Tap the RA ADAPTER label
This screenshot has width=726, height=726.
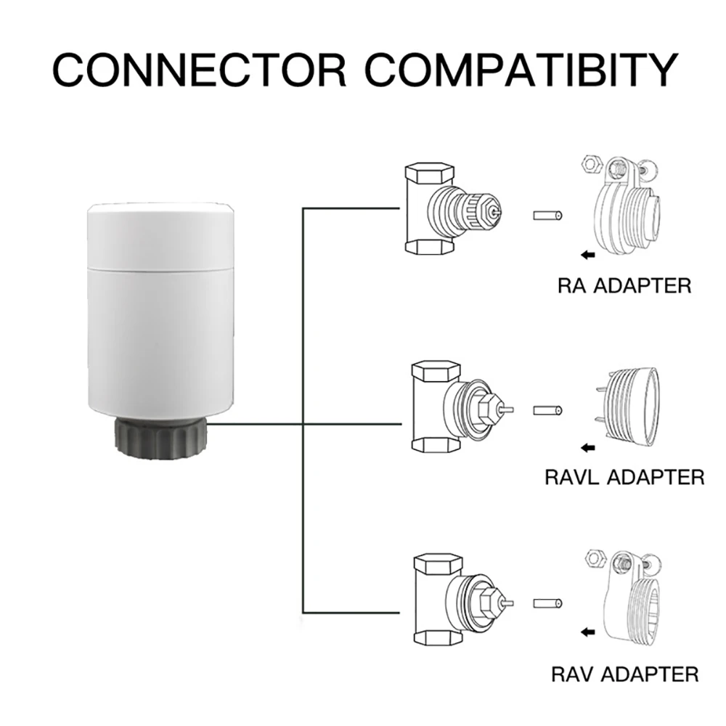[624, 285]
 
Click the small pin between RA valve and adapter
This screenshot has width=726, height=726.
[548, 216]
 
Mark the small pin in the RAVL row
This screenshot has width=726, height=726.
[548, 410]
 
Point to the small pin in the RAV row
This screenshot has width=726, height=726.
[548, 603]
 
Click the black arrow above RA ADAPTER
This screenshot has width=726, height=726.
[588, 255]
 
